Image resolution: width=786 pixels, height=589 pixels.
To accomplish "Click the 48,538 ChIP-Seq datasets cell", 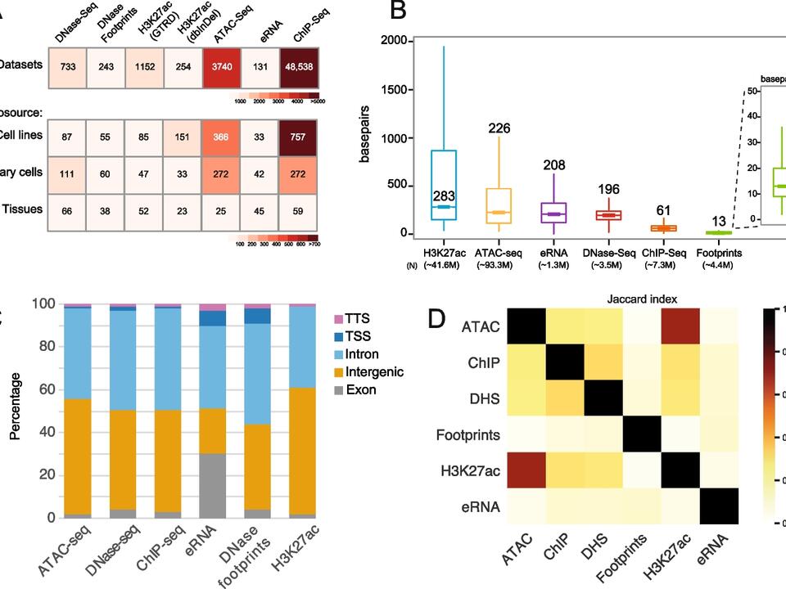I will [x=299, y=66].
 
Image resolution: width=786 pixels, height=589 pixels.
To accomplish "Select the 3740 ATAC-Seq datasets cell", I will [x=220, y=66].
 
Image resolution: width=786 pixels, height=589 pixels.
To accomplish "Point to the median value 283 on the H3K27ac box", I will [x=443, y=197].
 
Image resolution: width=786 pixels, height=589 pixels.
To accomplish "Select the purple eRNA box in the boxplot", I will [x=557, y=214].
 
